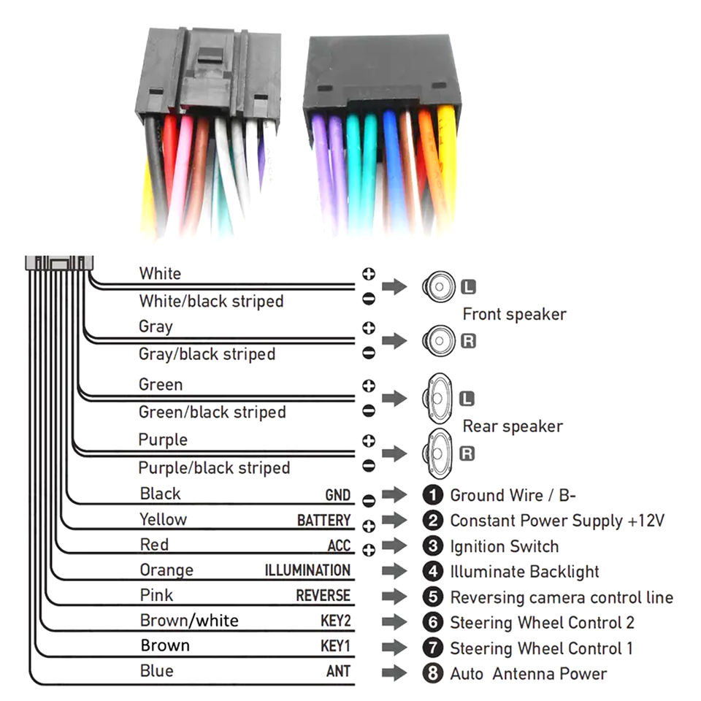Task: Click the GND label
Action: tap(337, 495)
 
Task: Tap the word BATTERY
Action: tap(323, 521)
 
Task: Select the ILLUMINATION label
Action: tap(307, 570)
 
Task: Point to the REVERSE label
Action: tap(323, 596)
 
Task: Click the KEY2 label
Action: tap(335, 621)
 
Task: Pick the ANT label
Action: tap(338, 672)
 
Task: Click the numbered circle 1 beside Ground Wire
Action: tap(434, 495)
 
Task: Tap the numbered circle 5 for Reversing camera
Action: tap(434, 597)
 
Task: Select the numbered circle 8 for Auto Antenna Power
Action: tap(434, 673)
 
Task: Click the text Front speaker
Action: tap(514, 315)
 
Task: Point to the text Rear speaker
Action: tap(513, 426)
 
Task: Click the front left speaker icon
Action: tap(438, 286)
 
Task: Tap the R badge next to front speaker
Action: tap(468, 340)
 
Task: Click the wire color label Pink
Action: tap(156, 595)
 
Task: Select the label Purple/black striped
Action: tap(214, 468)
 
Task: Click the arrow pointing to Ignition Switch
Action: tap(394, 546)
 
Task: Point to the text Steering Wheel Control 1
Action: tap(541, 648)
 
